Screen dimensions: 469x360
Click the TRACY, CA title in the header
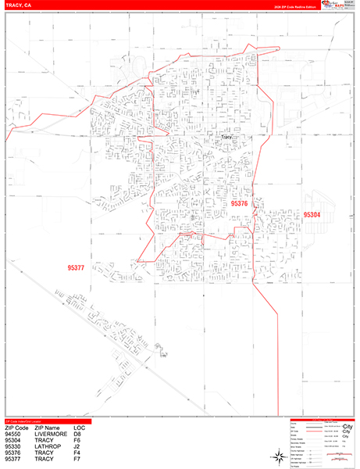pos(18,5)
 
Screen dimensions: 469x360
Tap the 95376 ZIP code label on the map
pos(240,203)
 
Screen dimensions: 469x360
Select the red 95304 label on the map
pos(312,214)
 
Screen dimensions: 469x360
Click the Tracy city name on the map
pos(226,137)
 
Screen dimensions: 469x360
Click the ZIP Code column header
pos(17,428)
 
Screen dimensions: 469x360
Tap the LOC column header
pos(80,428)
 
